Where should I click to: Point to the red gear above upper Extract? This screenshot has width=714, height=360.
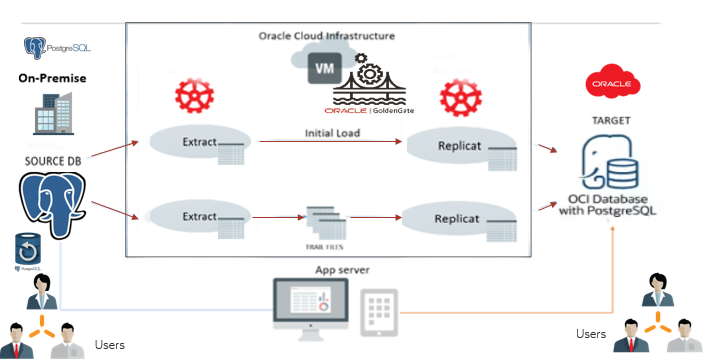point(191,97)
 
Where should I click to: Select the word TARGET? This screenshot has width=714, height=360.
point(611,120)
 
